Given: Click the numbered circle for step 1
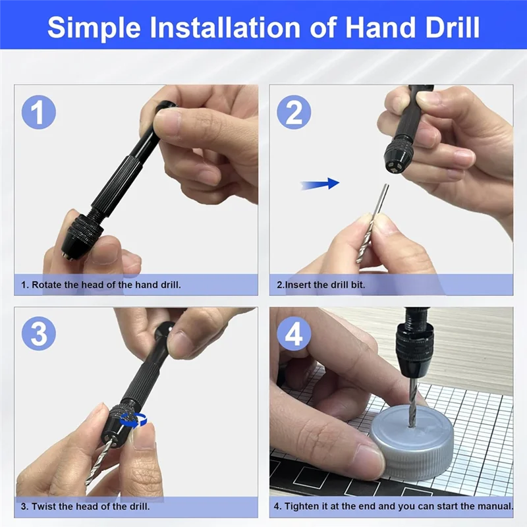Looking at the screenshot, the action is click(39, 112).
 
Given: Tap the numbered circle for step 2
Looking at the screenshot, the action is click(294, 112).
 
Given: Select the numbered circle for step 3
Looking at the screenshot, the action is click(39, 333).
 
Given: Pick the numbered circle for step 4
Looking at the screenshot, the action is click(294, 333).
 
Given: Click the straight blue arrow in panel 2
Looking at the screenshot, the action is click(319, 184).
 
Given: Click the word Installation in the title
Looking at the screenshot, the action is click(225, 27).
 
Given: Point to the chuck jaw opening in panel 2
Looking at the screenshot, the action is click(395, 166).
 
